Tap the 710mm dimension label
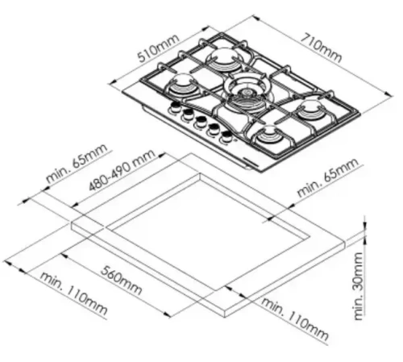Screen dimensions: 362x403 point(320,46)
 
